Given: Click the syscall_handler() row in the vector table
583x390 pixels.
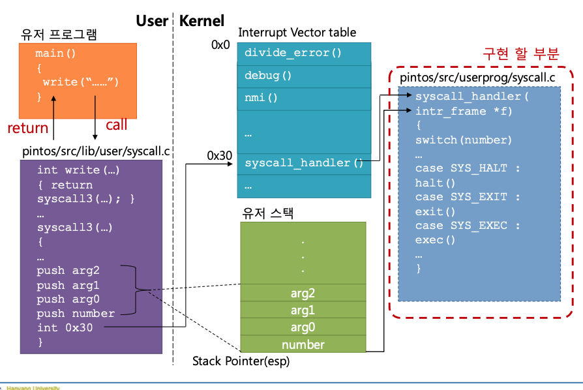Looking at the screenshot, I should [x=304, y=162].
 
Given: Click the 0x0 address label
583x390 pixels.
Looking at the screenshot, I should [x=220, y=45].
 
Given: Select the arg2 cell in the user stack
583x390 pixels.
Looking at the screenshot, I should [x=303, y=293].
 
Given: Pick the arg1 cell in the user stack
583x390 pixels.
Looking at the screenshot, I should [x=303, y=310].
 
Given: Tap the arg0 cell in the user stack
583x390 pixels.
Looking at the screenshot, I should [x=303, y=327].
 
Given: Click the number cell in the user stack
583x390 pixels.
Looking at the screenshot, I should [x=303, y=344].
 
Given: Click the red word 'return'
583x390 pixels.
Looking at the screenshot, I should [x=28, y=128].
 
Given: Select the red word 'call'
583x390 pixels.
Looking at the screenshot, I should [x=117, y=125].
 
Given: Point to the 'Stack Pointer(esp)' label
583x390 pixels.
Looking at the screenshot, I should [x=241, y=361].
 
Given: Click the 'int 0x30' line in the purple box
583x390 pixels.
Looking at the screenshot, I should [x=65, y=327].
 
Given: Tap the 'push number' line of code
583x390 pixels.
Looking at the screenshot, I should [x=76, y=314].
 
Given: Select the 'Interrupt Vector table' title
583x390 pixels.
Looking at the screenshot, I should [x=297, y=32].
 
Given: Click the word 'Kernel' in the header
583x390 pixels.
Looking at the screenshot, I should [x=202, y=21].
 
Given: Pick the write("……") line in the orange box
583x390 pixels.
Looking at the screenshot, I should [x=80, y=82].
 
